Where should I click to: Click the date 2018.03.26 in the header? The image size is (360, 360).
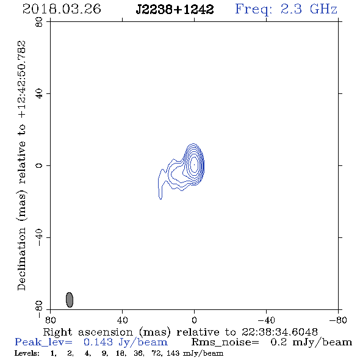[62, 9]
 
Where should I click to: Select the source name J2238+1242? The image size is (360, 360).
[175, 10]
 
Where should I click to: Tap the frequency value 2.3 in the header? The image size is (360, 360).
[291, 9]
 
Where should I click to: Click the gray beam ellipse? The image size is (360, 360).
[70, 300]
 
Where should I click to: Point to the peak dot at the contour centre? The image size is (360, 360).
[194, 165]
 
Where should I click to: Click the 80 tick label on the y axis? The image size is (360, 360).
[39, 22]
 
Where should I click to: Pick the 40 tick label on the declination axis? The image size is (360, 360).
[39, 94]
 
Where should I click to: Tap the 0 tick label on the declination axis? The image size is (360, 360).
[39, 165]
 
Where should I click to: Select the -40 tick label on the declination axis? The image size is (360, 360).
[39, 237]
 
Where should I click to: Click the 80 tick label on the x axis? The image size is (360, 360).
[50, 320]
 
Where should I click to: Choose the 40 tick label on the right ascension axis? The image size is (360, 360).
[122, 320]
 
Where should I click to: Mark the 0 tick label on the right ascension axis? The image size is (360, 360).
[194, 320]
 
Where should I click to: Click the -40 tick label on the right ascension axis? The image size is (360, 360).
[266, 320]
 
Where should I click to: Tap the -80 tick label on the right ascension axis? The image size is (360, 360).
[338, 320]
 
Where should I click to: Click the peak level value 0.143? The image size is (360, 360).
[98, 342]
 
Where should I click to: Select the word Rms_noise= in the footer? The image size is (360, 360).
[225, 342]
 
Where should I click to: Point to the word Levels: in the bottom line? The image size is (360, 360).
[27, 353]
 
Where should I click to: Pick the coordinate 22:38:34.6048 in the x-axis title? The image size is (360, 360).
[279, 332]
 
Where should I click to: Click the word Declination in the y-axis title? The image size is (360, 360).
[21, 259]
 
